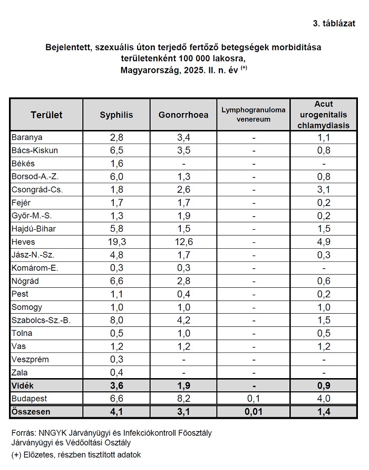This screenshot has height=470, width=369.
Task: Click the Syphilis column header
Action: pos(116,115)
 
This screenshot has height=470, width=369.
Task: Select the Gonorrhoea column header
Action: pos(183,115)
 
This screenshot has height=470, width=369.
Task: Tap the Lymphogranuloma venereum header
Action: pos(253,115)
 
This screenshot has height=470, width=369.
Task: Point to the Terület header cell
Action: pos(46,115)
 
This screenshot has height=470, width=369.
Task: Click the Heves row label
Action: pos(23,242)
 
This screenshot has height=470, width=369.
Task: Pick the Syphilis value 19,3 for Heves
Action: pos(116,242)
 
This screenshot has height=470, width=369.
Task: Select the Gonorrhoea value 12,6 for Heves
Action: pos(183,242)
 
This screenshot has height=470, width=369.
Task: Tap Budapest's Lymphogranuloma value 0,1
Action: pos(253,398)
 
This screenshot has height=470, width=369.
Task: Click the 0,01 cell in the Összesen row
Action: pos(253,411)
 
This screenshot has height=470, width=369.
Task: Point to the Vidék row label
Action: pos(23,386)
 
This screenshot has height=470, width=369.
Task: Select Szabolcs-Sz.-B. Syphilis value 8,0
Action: pos(116,320)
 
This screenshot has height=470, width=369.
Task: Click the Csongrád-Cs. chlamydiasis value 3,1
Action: pos(324,190)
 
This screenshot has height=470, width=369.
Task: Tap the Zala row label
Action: pos(21,372)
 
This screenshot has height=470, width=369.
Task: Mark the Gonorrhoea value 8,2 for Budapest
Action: pos(183,398)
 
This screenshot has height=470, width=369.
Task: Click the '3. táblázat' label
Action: pos(334,23)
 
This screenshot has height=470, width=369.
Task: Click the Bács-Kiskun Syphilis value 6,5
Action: pos(116,151)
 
